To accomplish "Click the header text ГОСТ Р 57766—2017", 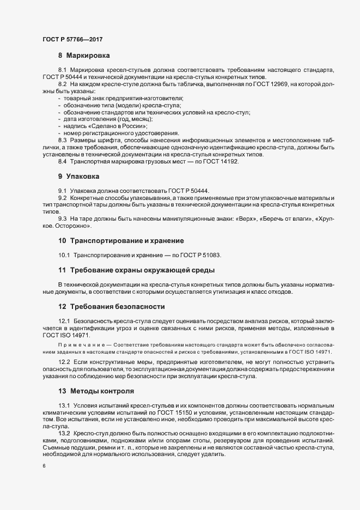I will coord(72,39).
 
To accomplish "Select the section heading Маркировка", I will coord(88,56).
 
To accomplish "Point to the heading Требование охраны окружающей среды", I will coord(141,270).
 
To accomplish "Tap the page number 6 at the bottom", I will coord(44,466).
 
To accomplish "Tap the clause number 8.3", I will coord(62,141).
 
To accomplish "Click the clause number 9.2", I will coord(62,197).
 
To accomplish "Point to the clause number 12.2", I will coord(64,362).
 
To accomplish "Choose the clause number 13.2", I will coord(64,433).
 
